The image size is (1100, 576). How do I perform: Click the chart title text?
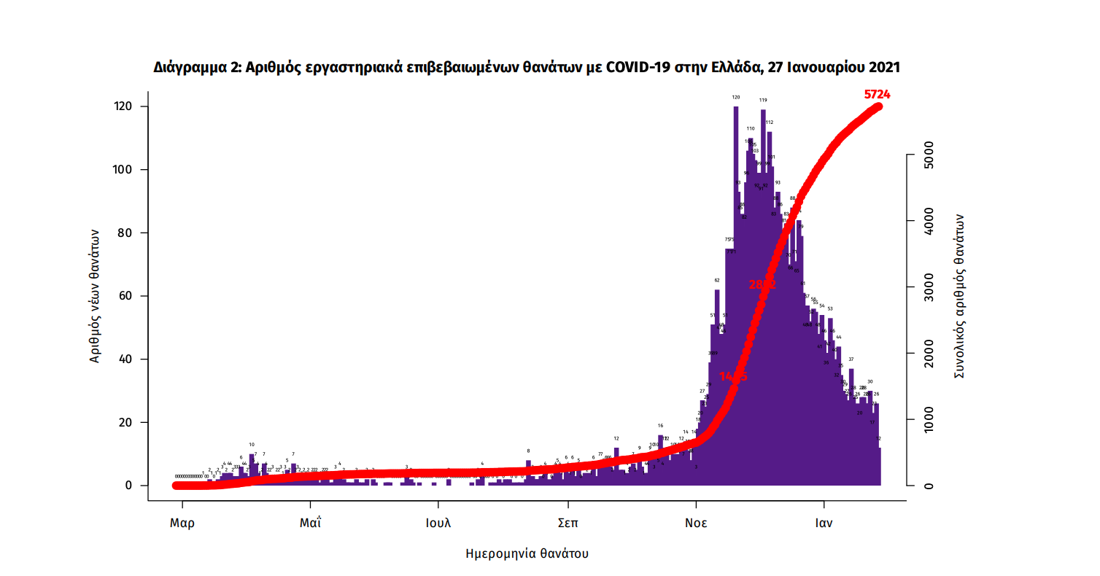click(x=527, y=68)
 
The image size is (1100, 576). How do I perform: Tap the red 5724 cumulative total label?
click(x=877, y=94)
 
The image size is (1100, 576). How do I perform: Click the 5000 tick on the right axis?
click(x=928, y=155)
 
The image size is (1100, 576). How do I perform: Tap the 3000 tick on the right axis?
click(x=928, y=287)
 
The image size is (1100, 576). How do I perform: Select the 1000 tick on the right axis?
click(x=928, y=420)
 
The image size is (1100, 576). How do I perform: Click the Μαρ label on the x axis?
click(x=182, y=523)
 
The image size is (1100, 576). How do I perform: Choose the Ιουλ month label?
click(x=438, y=523)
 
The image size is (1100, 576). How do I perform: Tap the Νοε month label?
click(x=696, y=523)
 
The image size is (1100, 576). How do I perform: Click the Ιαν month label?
click(x=824, y=523)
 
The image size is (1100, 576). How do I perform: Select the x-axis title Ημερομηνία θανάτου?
click(x=527, y=553)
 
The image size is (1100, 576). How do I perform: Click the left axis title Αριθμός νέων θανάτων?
click(x=95, y=295)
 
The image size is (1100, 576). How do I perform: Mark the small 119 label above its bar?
click(x=763, y=100)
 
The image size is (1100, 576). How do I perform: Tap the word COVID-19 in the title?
click(x=640, y=68)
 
